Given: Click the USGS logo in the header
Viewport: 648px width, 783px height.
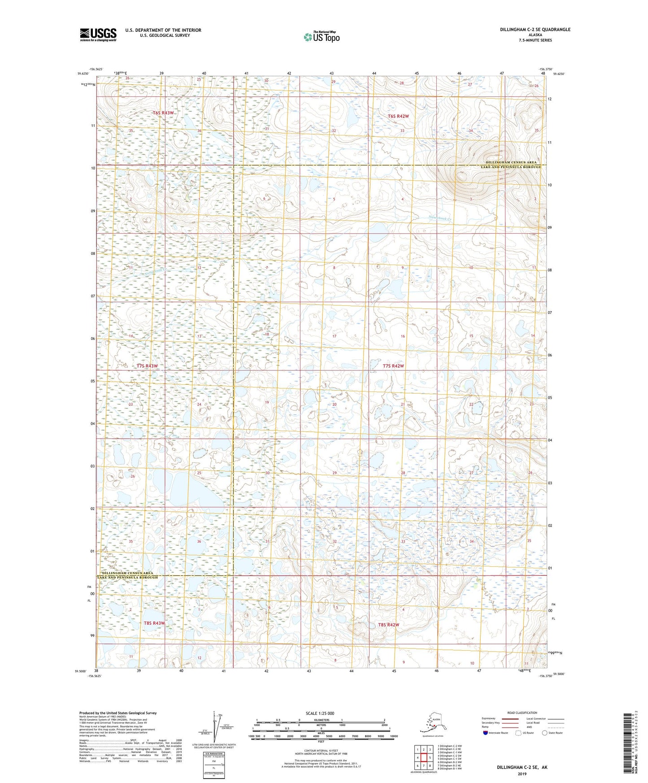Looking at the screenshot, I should pos(98,35).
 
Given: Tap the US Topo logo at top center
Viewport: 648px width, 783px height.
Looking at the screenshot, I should pos(321,37).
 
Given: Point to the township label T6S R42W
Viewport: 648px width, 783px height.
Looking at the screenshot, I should pos(398,116).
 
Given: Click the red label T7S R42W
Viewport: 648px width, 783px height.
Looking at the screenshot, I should pos(393,366).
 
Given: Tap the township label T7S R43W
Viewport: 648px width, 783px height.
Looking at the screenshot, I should pos(147,366).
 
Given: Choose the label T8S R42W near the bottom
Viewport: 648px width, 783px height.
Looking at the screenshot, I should pos(388,625).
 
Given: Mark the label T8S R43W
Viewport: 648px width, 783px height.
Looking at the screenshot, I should pos(154,623).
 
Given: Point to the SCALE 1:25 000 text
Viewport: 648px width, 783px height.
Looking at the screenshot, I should pos(320,713).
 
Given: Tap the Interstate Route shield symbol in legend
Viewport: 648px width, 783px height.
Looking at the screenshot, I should pos(486,733).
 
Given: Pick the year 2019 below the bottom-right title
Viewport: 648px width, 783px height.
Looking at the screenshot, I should pos(522,774).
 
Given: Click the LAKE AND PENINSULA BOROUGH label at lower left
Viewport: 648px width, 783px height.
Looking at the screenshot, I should pos(129,578).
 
